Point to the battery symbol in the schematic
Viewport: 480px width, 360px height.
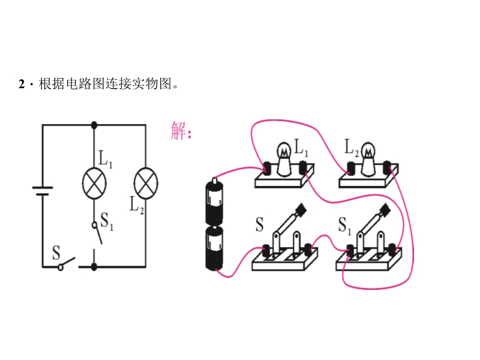coord(42,191)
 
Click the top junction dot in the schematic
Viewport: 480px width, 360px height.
coord(94,125)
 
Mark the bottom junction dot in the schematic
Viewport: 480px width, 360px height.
coord(94,266)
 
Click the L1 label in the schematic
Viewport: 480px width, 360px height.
coord(106,159)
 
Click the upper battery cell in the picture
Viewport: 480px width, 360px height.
coord(214,200)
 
